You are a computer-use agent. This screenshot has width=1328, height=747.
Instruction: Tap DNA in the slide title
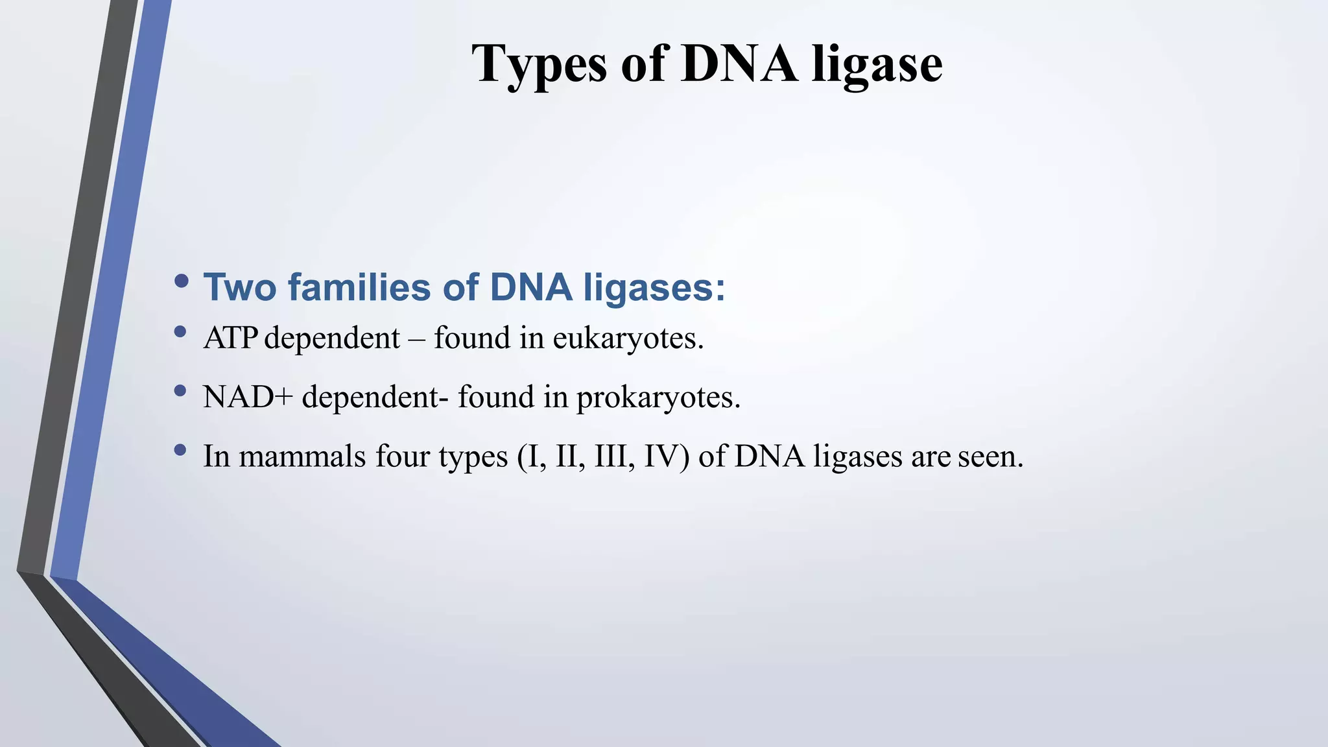click(739, 64)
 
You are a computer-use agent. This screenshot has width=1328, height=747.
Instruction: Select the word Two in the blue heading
click(240, 287)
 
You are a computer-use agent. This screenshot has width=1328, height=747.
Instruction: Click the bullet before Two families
click(182, 281)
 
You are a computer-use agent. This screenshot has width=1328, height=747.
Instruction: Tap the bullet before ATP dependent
click(181, 332)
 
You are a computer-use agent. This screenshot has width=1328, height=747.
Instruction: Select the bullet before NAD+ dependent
click(181, 391)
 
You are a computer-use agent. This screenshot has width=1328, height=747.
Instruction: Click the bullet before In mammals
click(181, 450)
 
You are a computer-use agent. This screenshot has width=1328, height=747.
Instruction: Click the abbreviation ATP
click(230, 338)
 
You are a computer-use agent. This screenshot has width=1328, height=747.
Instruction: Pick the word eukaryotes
click(627, 338)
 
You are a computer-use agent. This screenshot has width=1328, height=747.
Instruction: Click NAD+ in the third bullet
click(248, 397)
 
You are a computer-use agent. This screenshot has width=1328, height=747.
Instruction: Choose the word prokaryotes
click(658, 397)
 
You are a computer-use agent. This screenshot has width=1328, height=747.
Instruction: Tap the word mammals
click(302, 456)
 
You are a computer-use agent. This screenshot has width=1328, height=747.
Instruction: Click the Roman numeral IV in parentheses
click(663, 456)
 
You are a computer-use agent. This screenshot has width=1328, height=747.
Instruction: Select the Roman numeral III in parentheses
click(610, 456)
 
